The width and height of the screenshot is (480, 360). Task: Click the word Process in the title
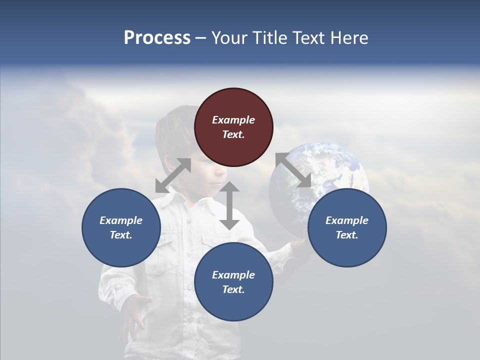point(157,38)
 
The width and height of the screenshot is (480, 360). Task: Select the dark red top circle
point(233,127)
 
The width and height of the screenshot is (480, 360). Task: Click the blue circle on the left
point(121,227)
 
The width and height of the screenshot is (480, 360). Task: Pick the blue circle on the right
point(347,227)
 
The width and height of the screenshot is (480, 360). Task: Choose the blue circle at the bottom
point(233,281)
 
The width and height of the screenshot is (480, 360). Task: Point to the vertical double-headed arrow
point(229,205)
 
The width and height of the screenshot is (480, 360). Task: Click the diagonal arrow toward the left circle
point(173,175)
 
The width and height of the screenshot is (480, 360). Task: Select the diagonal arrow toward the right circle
point(293,170)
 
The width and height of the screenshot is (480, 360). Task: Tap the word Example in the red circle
point(233,120)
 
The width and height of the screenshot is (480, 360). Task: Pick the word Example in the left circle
point(121,220)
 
